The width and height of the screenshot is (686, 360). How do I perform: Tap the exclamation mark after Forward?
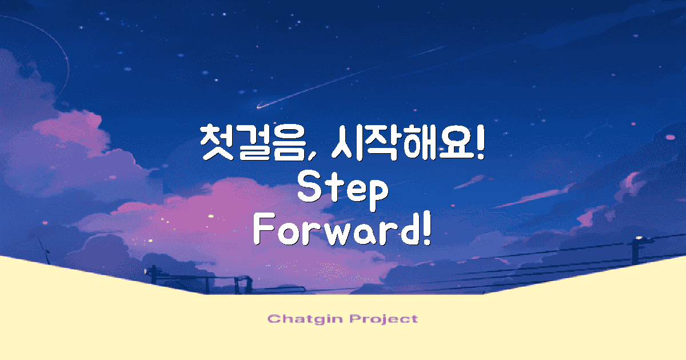point(425,231)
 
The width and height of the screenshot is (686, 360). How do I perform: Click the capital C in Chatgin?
point(273,319)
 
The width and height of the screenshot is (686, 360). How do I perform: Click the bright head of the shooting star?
point(258,106)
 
